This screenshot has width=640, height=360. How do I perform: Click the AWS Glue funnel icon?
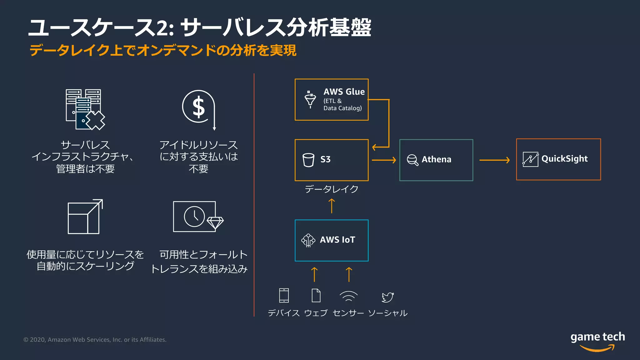[310, 100]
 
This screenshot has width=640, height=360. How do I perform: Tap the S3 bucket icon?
[308, 160]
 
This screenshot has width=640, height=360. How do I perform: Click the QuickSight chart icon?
[530, 159]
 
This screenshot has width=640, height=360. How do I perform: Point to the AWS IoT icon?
[308, 240]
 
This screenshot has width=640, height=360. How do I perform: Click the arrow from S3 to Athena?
[384, 160]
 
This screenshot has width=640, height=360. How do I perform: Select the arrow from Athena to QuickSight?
[494, 160]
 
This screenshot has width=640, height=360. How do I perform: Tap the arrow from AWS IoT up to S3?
[332, 206]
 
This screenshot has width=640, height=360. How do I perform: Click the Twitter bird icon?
[387, 297]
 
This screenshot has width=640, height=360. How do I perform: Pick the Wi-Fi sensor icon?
[348, 296]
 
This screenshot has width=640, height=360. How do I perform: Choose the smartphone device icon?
[284, 295]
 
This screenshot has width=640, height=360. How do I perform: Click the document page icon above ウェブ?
[316, 295]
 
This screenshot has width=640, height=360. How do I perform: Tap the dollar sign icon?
[199, 107]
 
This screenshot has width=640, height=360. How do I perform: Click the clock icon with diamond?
[198, 217]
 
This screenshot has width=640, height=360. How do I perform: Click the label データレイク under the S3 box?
[332, 189]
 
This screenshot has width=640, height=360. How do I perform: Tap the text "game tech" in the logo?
[597, 337]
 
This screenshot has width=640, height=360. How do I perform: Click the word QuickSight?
[564, 159]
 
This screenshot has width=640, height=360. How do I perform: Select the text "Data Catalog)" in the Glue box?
[342, 108]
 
